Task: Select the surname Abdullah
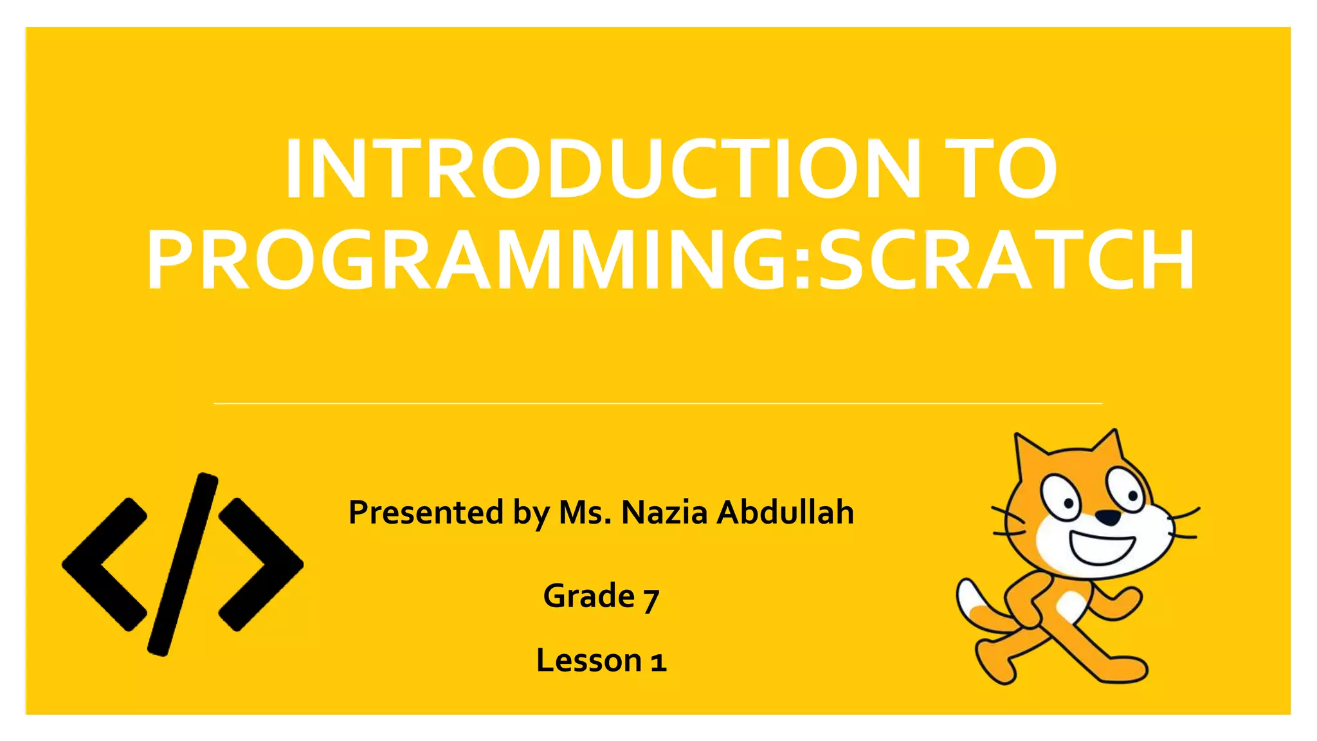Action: [785, 513]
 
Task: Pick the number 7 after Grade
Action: [651, 598]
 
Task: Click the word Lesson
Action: [589, 661]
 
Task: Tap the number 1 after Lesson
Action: [657, 662]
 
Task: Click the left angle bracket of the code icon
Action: [103, 564]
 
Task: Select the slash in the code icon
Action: [183, 564]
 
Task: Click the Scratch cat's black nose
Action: [1107, 517]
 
